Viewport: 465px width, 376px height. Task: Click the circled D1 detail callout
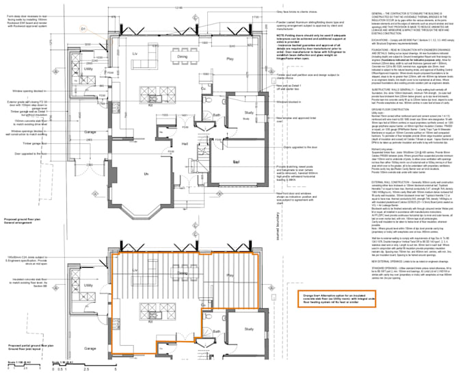tap(83, 29)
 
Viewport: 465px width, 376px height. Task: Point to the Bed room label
tap(236, 162)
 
